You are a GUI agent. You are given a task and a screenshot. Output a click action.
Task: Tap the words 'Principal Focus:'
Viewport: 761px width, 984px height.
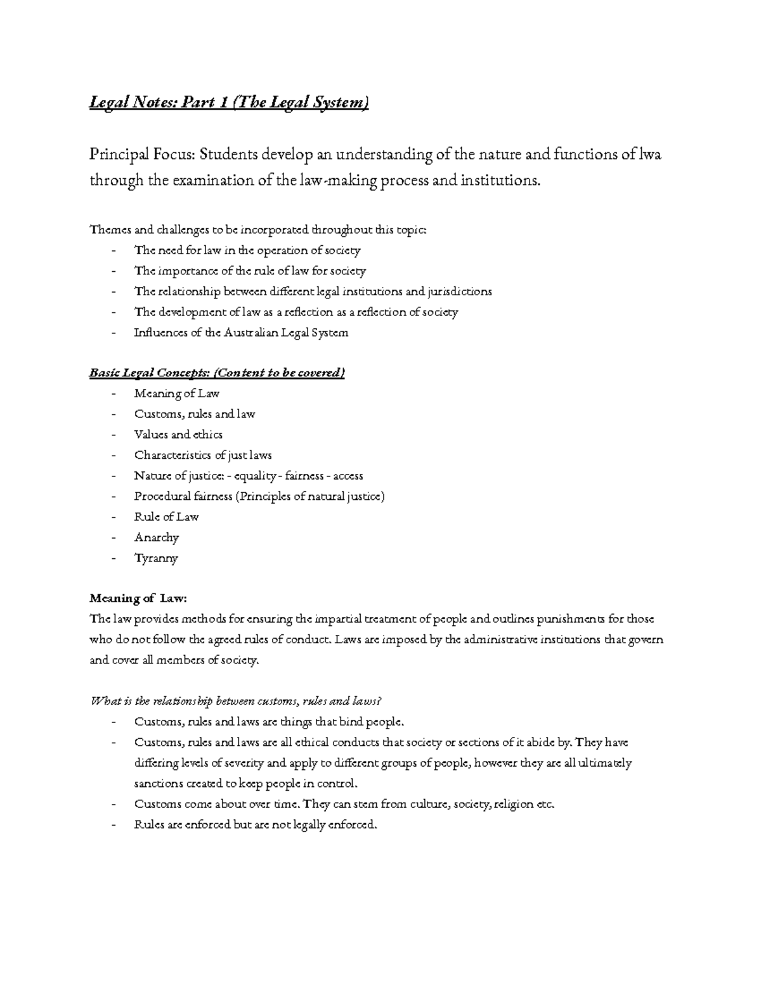click(x=143, y=154)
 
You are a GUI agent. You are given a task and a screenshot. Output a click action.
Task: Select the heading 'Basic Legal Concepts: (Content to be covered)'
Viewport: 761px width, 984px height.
click(x=217, y=373)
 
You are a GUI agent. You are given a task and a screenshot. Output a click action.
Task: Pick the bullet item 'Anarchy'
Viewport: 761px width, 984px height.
click(x=157, y=537)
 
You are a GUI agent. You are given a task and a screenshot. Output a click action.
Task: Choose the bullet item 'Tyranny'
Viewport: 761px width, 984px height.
click(x=156, y=558)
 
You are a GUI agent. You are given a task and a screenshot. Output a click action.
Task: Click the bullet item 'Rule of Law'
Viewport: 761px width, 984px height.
click(x=166, y=516)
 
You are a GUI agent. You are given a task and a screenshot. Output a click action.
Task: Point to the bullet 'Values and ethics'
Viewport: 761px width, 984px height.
click(x=178, y=435)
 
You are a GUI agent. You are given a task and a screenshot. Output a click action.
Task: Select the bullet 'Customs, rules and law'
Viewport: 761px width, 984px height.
click(x=195, y=414)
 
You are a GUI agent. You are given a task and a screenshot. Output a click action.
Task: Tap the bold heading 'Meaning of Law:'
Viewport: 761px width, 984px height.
click(x=139, y=598)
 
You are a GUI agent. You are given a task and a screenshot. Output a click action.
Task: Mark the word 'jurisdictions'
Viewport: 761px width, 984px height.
click(x=460, y=291)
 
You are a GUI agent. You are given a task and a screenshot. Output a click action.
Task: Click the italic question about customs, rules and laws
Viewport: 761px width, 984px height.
click(x=237, y=701)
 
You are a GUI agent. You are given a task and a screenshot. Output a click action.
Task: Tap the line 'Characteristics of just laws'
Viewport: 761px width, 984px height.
click(x=203, y=455)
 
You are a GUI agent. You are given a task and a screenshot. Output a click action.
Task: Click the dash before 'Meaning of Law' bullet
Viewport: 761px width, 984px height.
click(x=114, y=394)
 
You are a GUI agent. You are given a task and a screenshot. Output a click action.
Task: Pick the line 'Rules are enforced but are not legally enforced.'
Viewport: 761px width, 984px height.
click(x=256, y=825)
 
